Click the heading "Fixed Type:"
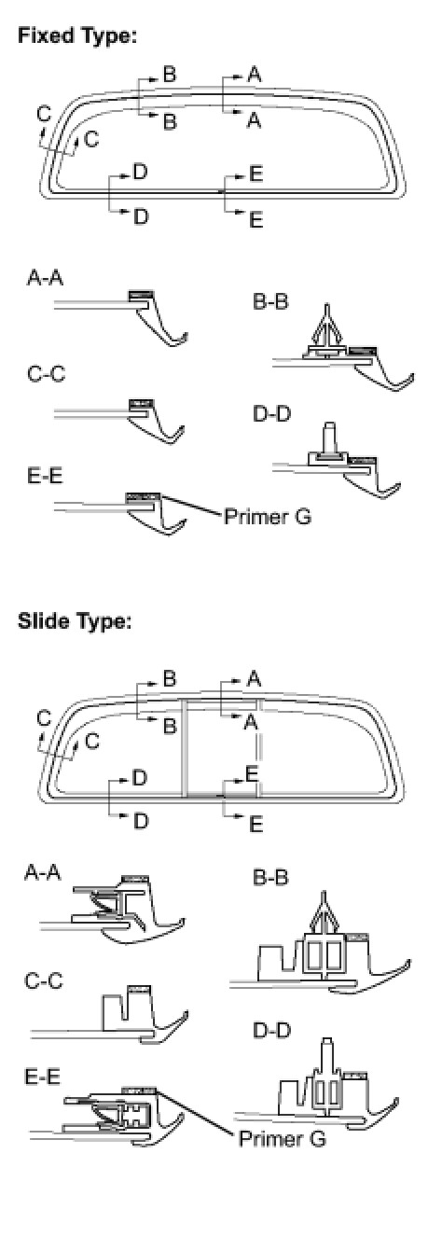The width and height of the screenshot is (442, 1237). tap(76, 37)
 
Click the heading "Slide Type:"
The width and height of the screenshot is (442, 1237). tap(75, 621)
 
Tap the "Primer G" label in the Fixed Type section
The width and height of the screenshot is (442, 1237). tap(268, 517)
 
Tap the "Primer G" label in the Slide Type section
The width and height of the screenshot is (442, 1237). tap(282, 1139)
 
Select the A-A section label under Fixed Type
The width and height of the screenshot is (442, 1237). tap(45, 278)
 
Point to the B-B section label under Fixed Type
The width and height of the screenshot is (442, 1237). tap(270, 302)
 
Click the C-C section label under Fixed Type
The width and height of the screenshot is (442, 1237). tap(46, 374)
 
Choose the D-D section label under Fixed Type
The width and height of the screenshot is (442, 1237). tap(271, 414)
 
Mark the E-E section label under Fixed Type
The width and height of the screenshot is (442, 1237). tap(45, 476)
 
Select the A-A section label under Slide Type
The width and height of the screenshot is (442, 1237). tap(43, 873)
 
